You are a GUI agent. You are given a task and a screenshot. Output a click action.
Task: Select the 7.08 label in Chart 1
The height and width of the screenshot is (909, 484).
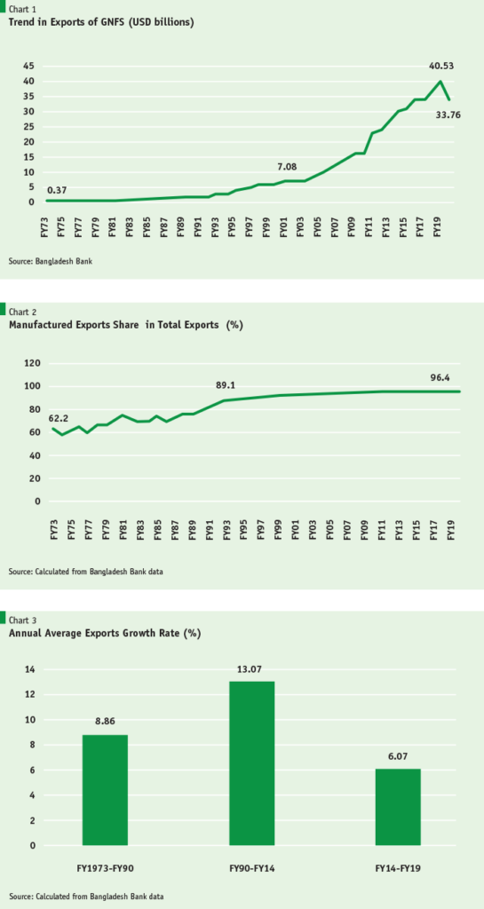pyautogui.click(x=290, y=166)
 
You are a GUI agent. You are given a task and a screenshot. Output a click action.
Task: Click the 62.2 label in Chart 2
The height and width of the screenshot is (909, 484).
pyautogui.click(x=59, y=417)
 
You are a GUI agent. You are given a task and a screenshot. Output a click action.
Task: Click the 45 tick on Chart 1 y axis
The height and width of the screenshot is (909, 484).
pyautogui.click(x=28, y=67)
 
